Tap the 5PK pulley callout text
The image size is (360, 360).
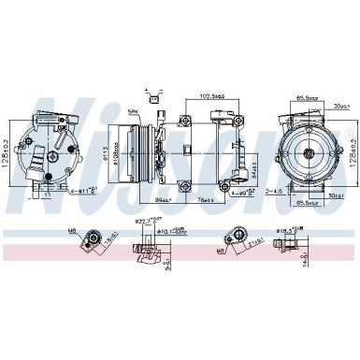[x=135, y=113]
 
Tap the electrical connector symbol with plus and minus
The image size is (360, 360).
[x=152, y=94]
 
